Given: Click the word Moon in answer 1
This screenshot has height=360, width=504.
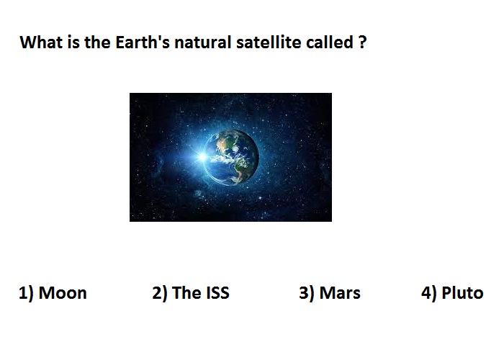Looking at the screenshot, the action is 63,293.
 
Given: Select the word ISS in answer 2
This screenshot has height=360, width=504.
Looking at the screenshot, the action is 217,293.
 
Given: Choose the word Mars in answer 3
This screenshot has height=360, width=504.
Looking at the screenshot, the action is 340,293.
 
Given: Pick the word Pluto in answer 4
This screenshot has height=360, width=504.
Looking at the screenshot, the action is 462,293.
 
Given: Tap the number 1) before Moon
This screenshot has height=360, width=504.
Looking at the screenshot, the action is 26,294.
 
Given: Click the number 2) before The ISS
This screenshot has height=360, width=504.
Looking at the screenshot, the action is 160,294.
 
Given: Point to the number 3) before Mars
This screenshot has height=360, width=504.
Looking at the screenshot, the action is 307,294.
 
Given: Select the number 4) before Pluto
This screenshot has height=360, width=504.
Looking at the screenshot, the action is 429,294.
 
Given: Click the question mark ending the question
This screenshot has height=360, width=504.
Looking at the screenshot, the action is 362,42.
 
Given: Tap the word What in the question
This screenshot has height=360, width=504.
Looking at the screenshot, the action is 41,42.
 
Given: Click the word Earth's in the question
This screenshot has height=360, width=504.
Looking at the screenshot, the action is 142,42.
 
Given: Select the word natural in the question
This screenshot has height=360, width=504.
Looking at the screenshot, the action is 203,42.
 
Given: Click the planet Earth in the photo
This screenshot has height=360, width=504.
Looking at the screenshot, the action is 231,158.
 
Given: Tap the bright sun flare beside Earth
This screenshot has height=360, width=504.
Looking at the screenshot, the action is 202,157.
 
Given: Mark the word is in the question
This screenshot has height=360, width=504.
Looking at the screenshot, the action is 73,42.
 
